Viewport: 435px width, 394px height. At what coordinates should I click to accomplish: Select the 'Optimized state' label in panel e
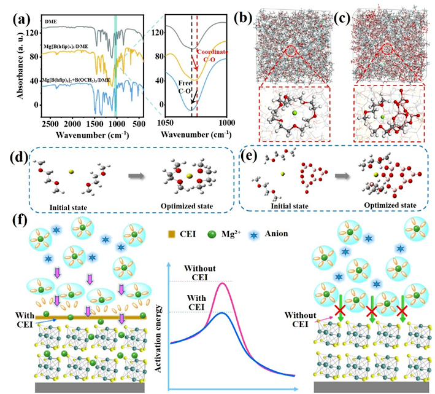(390, 204)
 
